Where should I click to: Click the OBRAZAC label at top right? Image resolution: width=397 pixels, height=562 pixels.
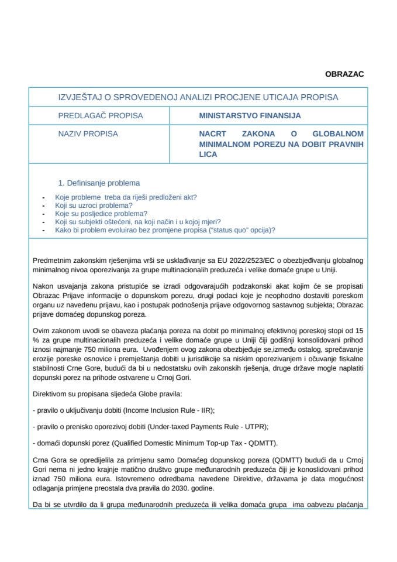click(344, 74)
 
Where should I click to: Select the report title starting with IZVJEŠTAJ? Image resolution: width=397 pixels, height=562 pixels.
click(198, 97)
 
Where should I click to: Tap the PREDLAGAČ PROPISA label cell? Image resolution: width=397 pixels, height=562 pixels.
click(100, 116)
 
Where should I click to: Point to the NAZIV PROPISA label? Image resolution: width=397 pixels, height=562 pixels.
click(88, 133)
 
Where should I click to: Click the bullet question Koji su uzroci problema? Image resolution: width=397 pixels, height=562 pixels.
click(94, 205)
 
